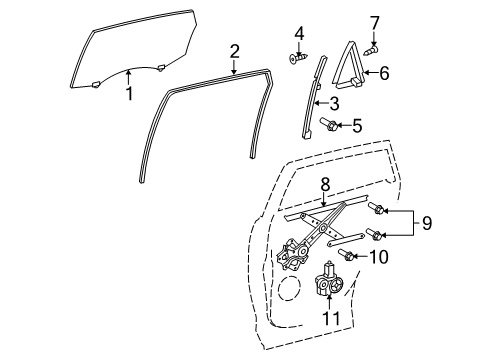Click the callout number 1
129,93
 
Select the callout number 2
235,52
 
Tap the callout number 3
334,104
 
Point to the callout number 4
299,34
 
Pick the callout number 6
384,73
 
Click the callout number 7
375,23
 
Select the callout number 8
325,184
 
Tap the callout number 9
427,223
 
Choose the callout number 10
378,257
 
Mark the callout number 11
331,318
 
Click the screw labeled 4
298,59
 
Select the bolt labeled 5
329,124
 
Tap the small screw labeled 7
371,51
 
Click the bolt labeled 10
346,255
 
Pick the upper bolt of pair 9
376,208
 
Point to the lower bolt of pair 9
374,234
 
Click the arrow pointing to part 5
344,125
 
